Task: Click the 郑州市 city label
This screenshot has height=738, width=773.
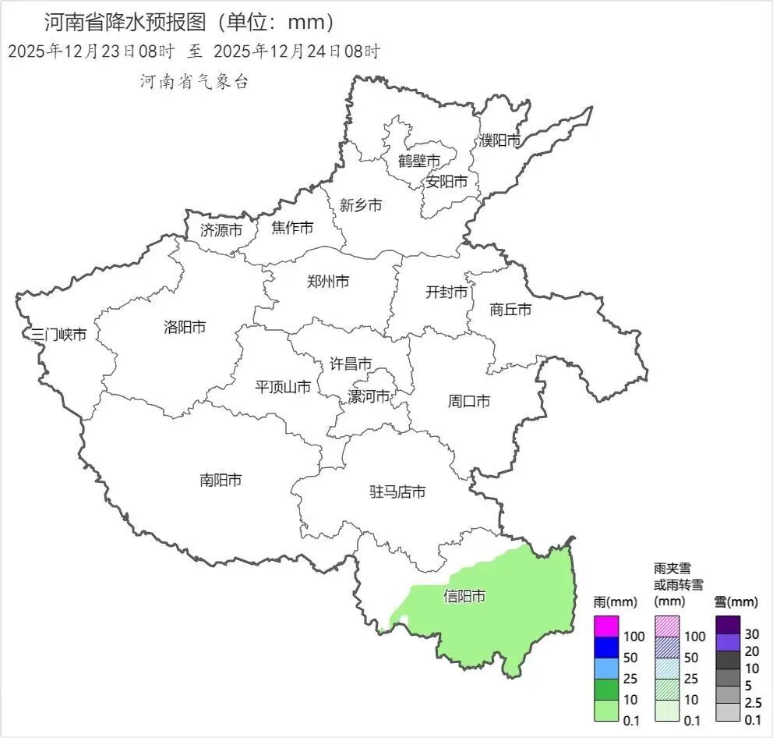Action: pyautogui.click(x=328, y=282)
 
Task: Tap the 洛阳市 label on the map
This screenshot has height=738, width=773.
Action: pyautogui.click(x=185, y=327)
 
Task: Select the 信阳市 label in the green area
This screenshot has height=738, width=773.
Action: pyautogui.click(x=464, y=597)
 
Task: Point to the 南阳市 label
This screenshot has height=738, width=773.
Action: pyautogui.click(x=221, y=481)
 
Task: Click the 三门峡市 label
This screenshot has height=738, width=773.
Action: pyautogui.click(x=58, y=335)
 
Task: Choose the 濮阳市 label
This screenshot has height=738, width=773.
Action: pyautogui.click(x=499, y=140)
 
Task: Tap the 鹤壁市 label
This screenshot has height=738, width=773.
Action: pyautogui.click(x=419, y=161)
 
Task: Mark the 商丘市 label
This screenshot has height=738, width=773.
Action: pyautogui.click(x=510, y=310)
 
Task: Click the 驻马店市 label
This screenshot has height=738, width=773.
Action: pyautogui.click(x=397, y=492)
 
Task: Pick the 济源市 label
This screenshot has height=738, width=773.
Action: pyautogui.click(x=221, y=230)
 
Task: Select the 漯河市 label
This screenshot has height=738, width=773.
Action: pyautogui.click(x=369, y=396)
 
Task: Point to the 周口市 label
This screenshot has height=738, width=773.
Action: pyautogui.click(x=469, y=402)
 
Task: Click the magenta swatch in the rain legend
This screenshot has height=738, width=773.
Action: pyautogui.click(x=605, y=626)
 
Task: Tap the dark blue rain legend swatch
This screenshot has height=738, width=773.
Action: pyautogui.click(x=605, y=648)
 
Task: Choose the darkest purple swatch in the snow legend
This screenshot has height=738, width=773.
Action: pyautogui.click(x=727, y=625)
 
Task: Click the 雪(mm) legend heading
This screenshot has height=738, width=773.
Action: pyautogui.click(x=736, y=602)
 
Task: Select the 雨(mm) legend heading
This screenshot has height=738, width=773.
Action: pyautogui.click(x=616, y=602)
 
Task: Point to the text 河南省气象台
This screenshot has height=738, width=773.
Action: pyautogui.click(x=194, y=82)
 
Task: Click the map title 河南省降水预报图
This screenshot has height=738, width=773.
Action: pyautogui.click(x=129, y=21)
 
